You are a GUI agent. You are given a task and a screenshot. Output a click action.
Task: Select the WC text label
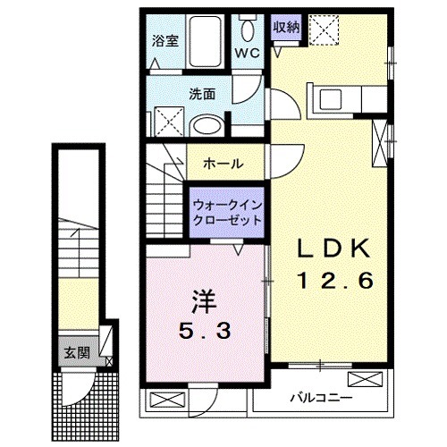pos(248,53)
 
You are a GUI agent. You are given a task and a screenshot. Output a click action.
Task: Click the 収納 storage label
pos(286,27)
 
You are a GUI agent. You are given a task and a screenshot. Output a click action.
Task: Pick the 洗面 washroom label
pos(202,92)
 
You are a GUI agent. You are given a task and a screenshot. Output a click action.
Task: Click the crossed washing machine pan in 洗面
pos(165,119)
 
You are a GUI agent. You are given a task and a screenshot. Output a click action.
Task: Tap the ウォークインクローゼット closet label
pos(227,212)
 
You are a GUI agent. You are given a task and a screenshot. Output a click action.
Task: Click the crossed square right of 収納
pos(322,32)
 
